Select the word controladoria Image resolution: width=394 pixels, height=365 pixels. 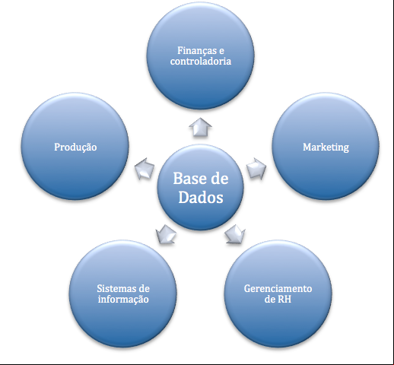click(201, 62)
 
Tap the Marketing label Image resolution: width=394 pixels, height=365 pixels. click(326, 148)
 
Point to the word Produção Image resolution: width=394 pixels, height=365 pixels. click(75, 148)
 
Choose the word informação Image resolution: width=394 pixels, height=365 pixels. click(123, 300)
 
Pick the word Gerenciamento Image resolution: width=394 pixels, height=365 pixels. click(278, 289)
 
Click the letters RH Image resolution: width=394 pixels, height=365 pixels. click(284, 300)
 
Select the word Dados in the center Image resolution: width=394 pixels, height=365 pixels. click(201, 197)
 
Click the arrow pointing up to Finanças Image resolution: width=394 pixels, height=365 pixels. click(200, 128)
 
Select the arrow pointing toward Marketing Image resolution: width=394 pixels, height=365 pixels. click(256, 168)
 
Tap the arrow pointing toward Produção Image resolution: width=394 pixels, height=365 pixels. click(145, 168)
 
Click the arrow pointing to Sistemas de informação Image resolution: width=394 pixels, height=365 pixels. click(166, 234)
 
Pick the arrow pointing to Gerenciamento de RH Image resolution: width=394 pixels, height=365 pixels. click(235, 234)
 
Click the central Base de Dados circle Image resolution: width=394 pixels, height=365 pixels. click(200, 188)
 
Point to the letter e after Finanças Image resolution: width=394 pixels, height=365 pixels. click(221, 51)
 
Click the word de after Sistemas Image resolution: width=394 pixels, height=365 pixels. click(145, 288)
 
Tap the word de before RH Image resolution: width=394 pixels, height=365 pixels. click(270, 300)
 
